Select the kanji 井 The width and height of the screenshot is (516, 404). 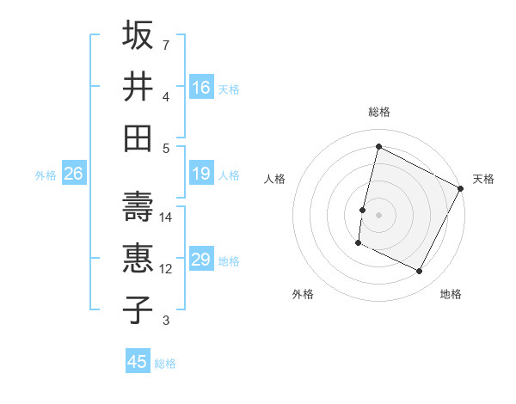pos(138,86)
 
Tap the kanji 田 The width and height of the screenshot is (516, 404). pos(138,138)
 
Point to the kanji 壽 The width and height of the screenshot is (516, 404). pos(138,206)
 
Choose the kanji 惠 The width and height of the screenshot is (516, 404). pos(138,258)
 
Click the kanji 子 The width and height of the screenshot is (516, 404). pos(138,309)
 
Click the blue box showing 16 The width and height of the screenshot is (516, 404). pos(201,87)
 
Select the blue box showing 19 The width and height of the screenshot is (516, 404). pos(201,174)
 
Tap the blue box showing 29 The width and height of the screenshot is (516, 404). pos(201,260)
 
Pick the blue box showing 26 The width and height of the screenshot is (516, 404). pos(73,174)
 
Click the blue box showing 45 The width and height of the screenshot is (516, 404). pos(138,362)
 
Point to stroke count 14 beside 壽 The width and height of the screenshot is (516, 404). pos(167,217)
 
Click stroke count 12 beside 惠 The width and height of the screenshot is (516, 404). pos(167,269)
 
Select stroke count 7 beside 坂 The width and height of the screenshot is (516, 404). pos(166,45)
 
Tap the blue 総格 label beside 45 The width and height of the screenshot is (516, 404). pos(166,364)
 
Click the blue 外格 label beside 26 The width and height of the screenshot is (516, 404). pos(46,175)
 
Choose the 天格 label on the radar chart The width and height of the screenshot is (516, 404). pos(483,179)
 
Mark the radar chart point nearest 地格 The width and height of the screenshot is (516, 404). pos(420,272)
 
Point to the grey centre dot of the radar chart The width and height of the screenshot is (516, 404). pos(378,214)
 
